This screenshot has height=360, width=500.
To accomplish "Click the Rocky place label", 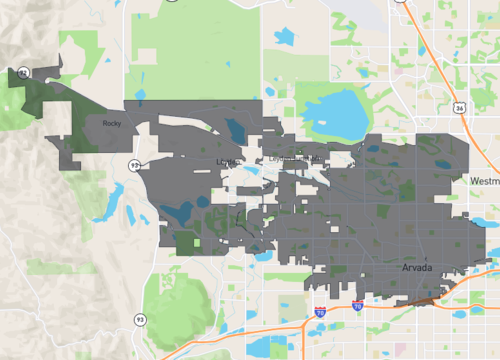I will pos(111,123).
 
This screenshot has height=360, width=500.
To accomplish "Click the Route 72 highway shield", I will pos(22,72).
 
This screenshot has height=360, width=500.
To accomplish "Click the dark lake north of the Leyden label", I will pos(235,131).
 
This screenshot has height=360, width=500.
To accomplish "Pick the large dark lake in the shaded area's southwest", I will pos(177,212).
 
